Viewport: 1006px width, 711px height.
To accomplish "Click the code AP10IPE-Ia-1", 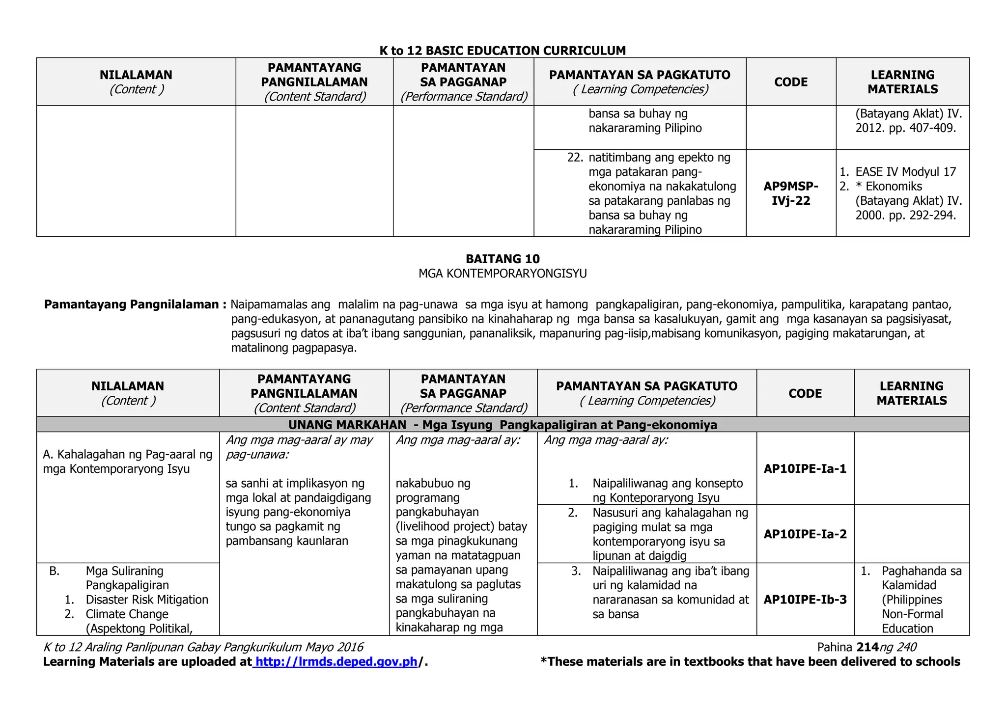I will click(805, 469).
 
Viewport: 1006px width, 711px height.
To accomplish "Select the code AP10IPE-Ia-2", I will click(805, 534).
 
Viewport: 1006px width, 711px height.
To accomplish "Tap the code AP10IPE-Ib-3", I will click(805, 600).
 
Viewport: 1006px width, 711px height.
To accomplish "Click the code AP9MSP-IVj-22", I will click(791, 193).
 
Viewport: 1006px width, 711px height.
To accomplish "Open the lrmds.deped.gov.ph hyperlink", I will click(336, 662).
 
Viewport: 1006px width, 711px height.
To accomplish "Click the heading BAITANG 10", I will click(503, 259).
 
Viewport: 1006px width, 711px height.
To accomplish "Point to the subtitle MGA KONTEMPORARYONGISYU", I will click(503, 274).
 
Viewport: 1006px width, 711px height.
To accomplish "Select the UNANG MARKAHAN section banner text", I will click(503, 425).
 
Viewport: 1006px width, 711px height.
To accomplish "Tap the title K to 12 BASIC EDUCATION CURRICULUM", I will click(503, 51).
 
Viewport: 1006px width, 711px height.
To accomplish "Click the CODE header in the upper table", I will click(791, 82).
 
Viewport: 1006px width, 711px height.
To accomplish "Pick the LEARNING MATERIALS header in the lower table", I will click(912, 393).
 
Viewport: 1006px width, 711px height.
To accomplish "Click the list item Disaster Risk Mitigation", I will click(147, 600).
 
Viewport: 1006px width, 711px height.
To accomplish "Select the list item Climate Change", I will click(127, 614).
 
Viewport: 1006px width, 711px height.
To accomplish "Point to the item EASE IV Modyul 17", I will click(905, 172).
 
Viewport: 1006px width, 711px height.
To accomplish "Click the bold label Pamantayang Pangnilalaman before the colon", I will click(132, 305).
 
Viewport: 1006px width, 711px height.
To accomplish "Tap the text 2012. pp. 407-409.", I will click(905, 129).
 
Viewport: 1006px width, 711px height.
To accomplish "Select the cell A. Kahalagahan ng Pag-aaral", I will click(128, 462).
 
